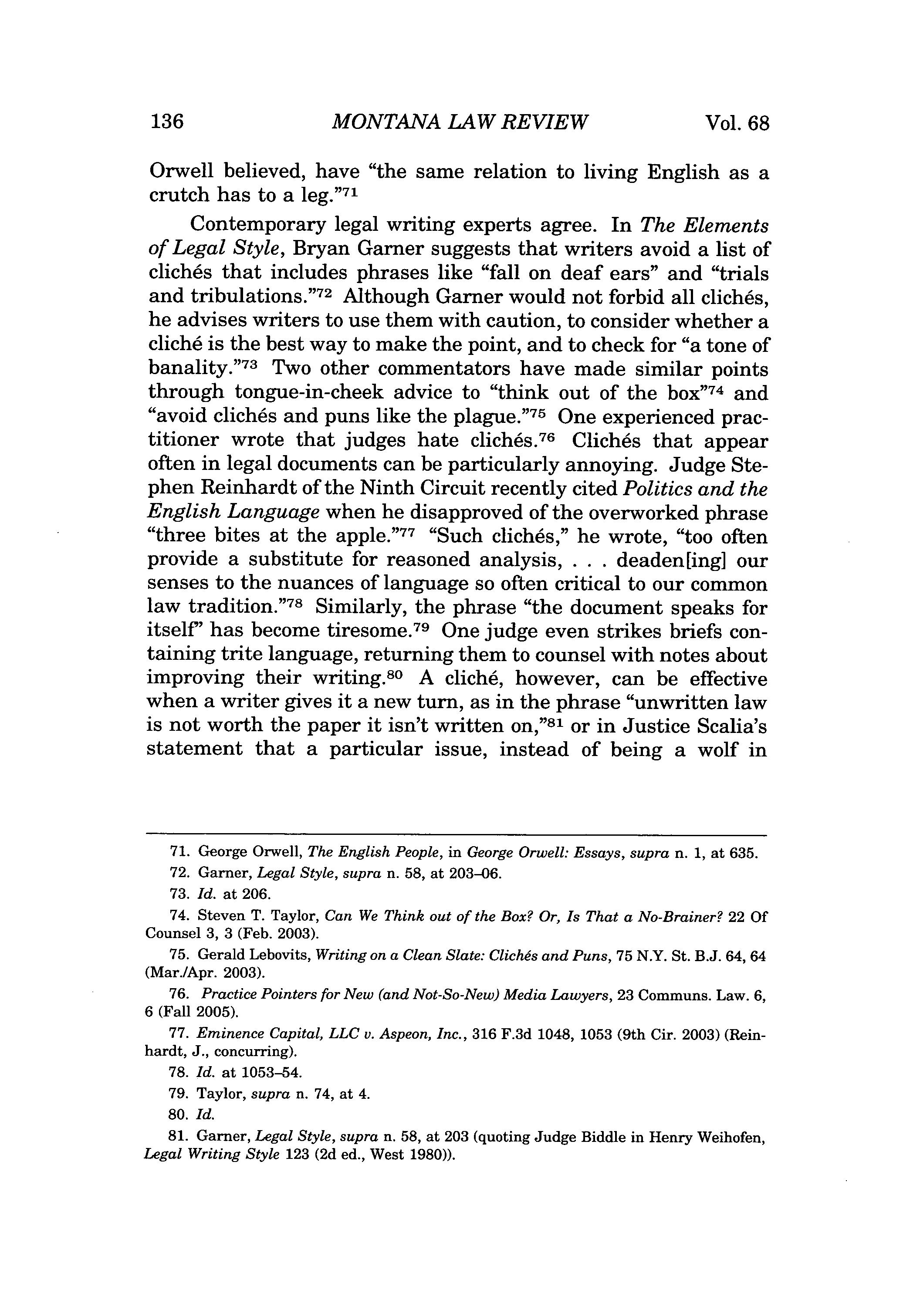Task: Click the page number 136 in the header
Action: [x=167, y=122]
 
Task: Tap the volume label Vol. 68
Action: [x=737, y=123]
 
